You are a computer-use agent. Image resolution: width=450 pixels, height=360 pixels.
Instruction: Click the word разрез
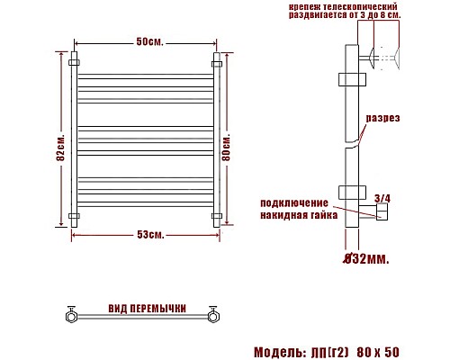pyautogui.click(x=382, y=119)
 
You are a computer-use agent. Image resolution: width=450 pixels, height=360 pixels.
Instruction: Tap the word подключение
pyautogui.click(x=300, y=202)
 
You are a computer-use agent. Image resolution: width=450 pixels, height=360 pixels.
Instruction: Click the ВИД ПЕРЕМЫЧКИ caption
pyautogui.click(x=146, y=309)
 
